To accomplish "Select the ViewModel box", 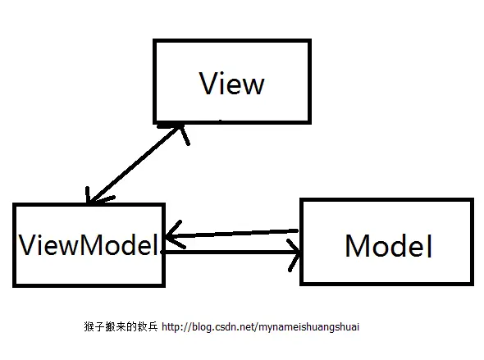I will point(89,244).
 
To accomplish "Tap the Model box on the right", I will point(386,241).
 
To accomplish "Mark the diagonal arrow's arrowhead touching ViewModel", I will point(93,197).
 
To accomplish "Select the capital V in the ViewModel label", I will point(28,244).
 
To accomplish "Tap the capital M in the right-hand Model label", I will point(359,246).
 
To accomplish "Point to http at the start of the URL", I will point(171,326).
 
